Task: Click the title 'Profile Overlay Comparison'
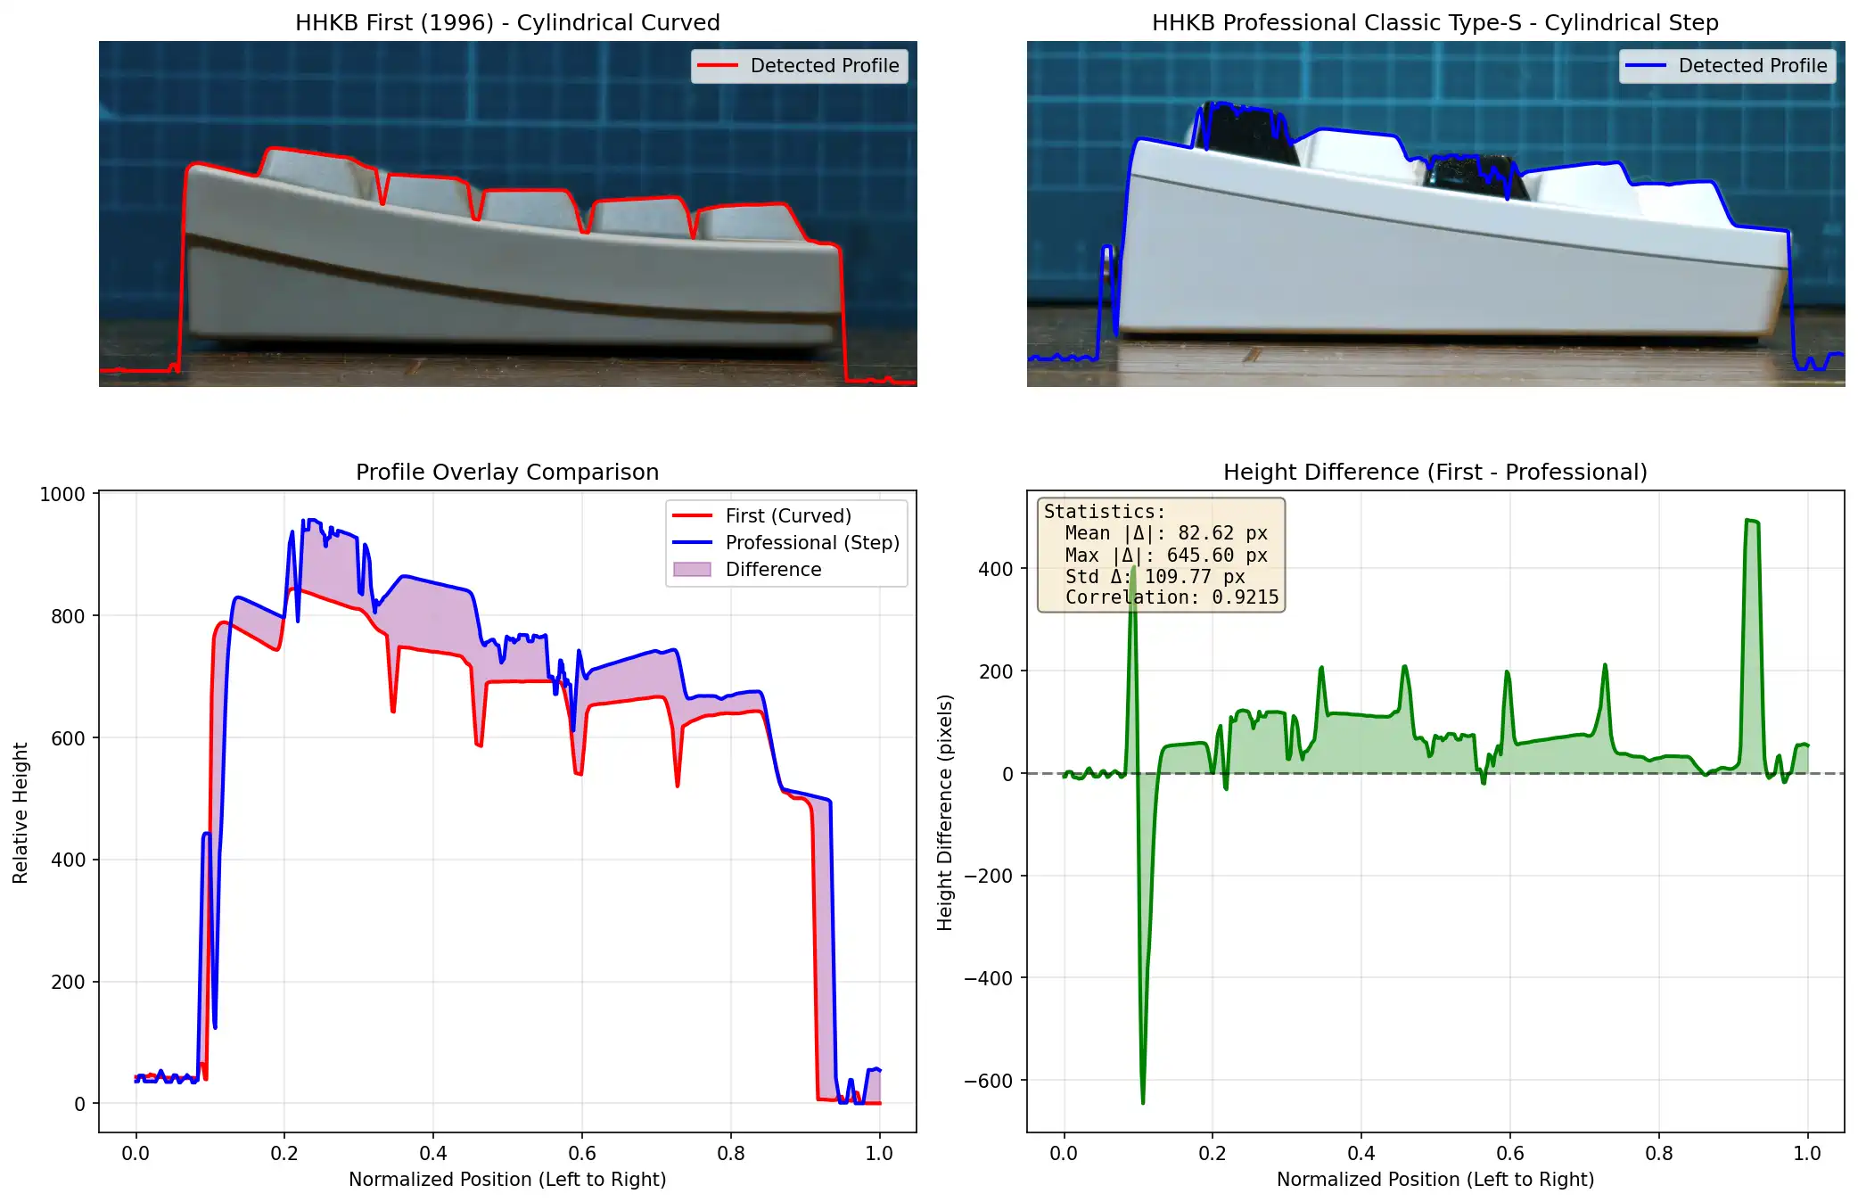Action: pos(507,472)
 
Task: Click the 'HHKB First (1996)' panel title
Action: pos(507,22)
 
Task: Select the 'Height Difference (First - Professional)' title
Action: pos(1435,472)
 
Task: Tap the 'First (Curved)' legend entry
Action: pos(788,516)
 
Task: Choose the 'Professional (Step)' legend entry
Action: pos(811,543)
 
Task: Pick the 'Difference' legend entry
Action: pos(773,570)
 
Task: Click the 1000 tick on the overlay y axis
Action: pos(62,495)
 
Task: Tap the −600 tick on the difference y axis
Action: pos(988,1081)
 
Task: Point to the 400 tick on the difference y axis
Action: pos(995,569)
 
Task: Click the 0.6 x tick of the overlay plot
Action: pos(582,1153)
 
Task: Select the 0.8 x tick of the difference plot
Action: pos(1658,1153)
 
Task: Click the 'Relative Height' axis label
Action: pos(21,812)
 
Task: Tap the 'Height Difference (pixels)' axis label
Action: pos(945,812)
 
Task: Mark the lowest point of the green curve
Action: pos(1143,1103)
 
